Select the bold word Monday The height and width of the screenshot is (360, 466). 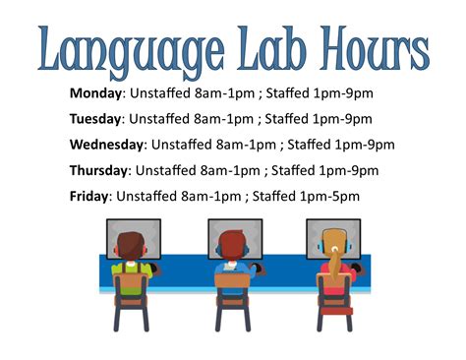(93, 94)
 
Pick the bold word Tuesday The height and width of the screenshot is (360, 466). (94, 120)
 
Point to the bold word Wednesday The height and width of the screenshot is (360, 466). (106, 146)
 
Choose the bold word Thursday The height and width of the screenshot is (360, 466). (98, 171)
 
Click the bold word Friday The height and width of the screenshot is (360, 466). (88, 197)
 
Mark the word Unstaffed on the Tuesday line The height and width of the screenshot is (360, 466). (161, 120)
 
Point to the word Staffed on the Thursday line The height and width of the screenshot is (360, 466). (294, 171)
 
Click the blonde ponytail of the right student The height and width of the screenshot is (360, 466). (335, 261)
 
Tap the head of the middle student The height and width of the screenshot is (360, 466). (232, 245)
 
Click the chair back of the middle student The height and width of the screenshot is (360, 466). (233, 287)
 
